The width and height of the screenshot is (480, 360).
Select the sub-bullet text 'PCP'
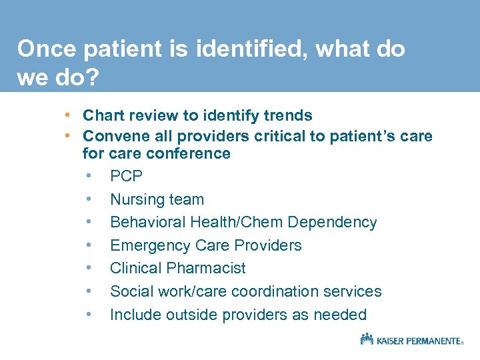tap(126, 177)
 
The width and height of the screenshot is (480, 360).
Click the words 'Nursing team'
tap(157, 199)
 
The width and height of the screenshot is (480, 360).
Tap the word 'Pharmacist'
tap(207, 268)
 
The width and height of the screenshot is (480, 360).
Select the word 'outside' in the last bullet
tap(197, 315)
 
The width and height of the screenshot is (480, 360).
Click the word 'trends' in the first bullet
tap(289, 115)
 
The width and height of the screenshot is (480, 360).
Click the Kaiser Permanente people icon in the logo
tap(367, 339)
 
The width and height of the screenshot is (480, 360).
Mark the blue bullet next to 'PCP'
tap(89, 177)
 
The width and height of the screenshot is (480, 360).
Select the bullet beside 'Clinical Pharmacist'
tap(89, 268)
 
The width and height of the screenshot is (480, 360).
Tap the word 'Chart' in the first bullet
tap(103, 115)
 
